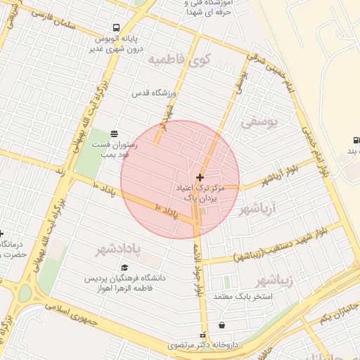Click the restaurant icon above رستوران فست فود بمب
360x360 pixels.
coord(115,134)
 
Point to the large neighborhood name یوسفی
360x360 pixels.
coord(259,122)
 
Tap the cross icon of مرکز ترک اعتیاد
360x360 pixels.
coord(200,177)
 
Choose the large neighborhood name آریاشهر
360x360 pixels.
coord(259,209)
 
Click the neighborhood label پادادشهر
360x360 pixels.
coord(117,249)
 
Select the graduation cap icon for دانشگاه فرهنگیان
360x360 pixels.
coord(124,268)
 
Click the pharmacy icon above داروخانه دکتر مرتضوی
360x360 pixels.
coord(204,335)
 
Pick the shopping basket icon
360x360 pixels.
coord(223,326)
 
